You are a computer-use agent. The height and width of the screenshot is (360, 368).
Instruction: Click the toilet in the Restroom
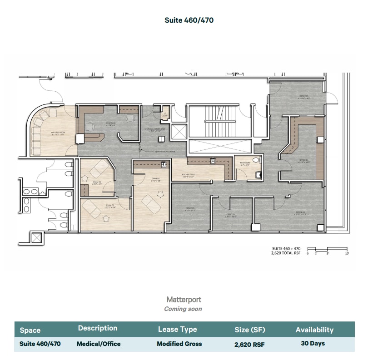(x=256, y=160)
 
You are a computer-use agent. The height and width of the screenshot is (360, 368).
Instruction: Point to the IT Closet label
(x=165, y=115)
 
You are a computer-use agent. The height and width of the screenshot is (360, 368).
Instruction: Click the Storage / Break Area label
(x=152, y=130)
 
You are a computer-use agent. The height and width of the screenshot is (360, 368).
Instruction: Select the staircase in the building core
(x=220, y=121)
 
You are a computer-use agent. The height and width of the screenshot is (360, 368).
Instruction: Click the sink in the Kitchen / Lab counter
(x=213, y=160)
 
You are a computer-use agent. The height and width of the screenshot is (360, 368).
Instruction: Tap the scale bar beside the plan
(x=327, y=249)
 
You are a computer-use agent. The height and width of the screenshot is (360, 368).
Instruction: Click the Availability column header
(x=314, y=330)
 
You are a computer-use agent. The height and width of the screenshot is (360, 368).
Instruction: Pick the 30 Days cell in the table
(x=313, y=343)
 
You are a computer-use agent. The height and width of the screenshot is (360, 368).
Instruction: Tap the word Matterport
(x=184, y=300)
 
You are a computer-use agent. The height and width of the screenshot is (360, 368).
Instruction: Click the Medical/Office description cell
(x=99, y=344)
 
